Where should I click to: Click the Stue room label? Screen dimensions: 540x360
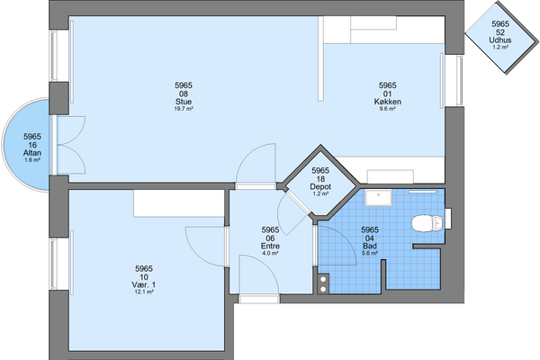point(184,102)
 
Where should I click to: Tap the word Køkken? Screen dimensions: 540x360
point(387,102)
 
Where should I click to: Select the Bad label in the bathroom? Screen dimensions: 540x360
point(370,246)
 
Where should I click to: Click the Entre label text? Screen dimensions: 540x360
point(270,246)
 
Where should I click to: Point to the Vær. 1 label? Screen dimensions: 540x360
point(144,285)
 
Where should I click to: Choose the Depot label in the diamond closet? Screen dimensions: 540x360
point(320,186)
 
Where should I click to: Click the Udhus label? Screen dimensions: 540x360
point(500,40)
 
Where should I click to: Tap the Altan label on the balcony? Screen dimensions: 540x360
point(32,153)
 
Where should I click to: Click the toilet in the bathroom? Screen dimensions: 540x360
point(427,223)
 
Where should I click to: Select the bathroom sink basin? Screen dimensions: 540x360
point(379,197)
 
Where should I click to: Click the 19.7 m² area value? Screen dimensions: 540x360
point(184,109)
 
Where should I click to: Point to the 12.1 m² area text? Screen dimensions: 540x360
point(144,292)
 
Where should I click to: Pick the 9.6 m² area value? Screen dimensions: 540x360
point(387,109)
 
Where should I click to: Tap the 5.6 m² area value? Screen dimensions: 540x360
point(370,253)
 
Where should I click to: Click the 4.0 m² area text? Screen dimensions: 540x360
point(270,253)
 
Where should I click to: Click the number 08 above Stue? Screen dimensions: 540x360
point(184,94)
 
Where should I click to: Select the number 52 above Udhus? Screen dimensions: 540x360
point(500,32)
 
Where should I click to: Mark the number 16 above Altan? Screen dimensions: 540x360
point(32,145)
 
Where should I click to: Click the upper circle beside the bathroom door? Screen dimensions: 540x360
point(323,279)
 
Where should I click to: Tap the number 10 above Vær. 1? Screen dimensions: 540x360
point(144,277)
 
